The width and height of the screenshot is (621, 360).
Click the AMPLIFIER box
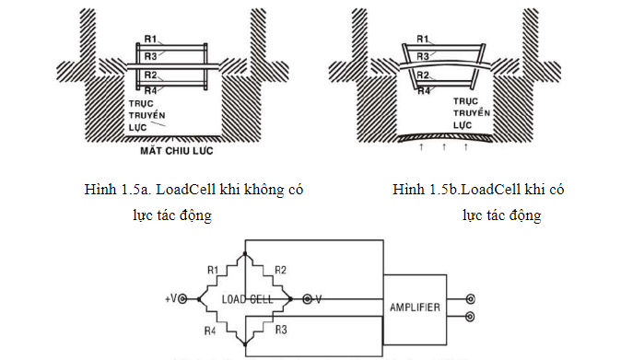(x=412, y=306)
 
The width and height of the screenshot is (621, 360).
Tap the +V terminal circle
(x=182, y=299)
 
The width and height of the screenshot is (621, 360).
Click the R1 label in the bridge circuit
(x=213, y=271)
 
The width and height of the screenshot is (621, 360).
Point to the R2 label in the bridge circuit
(x=281, y=271)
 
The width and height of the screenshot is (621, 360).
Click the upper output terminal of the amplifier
(x=471, y=299)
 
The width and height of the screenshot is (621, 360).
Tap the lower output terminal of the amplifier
(x=471, y=316)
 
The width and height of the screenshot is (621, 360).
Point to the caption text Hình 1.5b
(x=423, y=191)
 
